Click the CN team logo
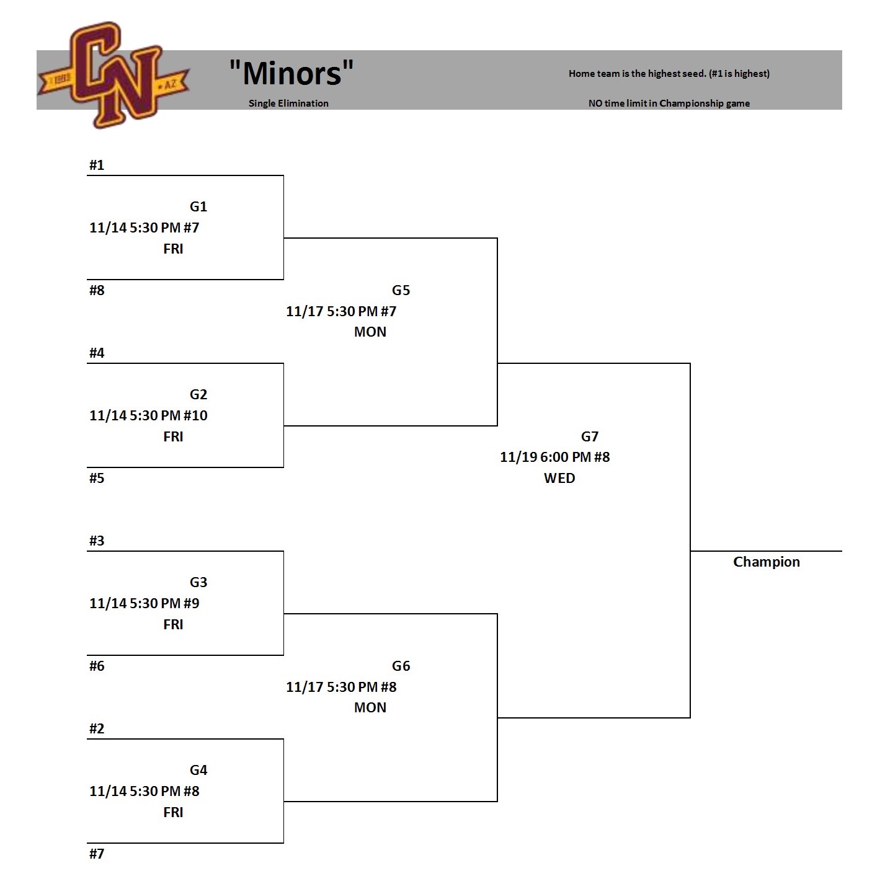(114, 75)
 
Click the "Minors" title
(291, 73)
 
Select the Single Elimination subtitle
(288, 104)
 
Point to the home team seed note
(669, 74)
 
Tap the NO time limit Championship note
(669, 104)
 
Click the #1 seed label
(97, 165)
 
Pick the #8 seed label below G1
(97, 290)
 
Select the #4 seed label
(97, 353)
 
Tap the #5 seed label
(97, 478)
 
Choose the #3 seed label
(97, 541)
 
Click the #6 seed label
(97, 666)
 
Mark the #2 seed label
(97, 728)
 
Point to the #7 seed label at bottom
(97, 854)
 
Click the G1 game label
(198, 206)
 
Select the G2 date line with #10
(148, 415)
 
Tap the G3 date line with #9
(145, 603)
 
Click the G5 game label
(401, 290)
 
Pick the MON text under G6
(370, 707)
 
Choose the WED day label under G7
(559, 478)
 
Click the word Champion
(766, 562)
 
